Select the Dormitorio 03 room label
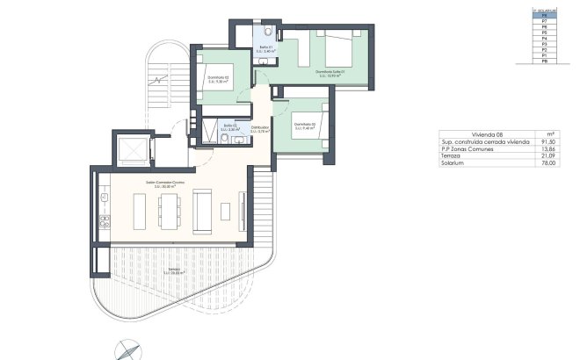pyautogui.click(x=305, y=126)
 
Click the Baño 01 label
pyautogui.click(x=266, y=51)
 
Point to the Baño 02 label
pyautogui.click(x=231, y=128)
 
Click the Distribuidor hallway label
pyautogui.click(x=260, y=130)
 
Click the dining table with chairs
pyautogui.click(x=170, y=211)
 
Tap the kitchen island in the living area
pyautogui.click(x=140, y=211)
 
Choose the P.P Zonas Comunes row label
pyautogui.click(x=468, y=148)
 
